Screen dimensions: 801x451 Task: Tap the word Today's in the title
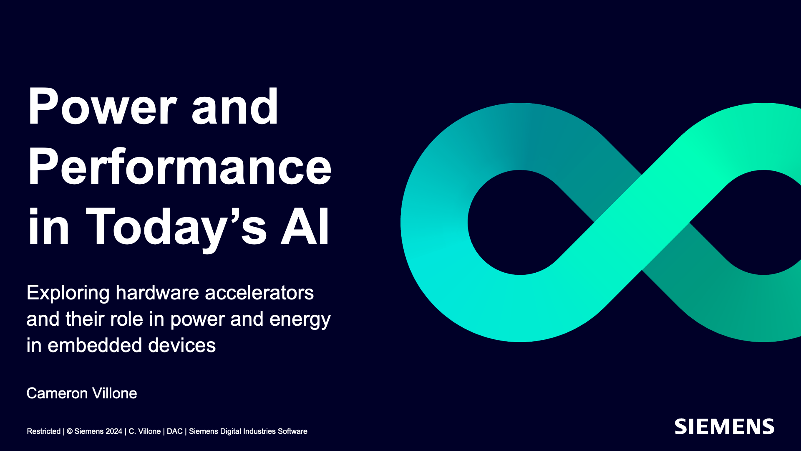[176, 228]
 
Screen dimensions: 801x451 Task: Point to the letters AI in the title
[305, 226]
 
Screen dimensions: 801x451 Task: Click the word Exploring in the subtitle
[68, 293]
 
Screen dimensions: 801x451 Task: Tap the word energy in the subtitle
[300, 320]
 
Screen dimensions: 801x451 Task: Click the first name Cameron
[57, 393]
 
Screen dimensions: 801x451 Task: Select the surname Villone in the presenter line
[114, 393]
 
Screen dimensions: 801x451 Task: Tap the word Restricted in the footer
[44, 431]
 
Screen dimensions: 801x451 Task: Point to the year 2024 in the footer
[114, 431]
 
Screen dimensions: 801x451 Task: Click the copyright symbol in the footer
[70, 431]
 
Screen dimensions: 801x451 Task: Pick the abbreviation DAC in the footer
[175, 431]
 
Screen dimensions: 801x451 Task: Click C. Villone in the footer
[145, 431]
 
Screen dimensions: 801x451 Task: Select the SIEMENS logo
[725, 427]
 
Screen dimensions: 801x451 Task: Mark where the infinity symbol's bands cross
[642, 222]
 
